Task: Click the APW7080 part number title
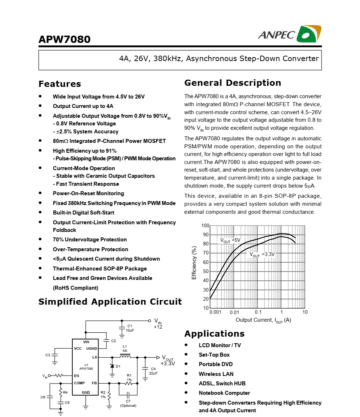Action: (x=64, y=39)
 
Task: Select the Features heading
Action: (x=60, y=84)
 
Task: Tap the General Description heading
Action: (x=232, y=83)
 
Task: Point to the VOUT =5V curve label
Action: (x=230, y=240)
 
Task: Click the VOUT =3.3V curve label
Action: (x=262, y=254)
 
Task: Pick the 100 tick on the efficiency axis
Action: (x=205, y=226)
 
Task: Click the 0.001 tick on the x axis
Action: (x=215, y=312)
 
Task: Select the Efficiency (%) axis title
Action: (x=194, y=262)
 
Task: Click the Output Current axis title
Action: (x=263, y=320)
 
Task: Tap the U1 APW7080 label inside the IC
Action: (x=86, y=367)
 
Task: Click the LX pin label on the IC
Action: (x=95, y=357)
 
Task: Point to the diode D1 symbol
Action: (x=112, y=366)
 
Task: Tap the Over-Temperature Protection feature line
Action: (x=90, y=249)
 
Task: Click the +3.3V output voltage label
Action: (x=167, y=363)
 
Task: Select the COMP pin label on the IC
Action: (x=79, y=383)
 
